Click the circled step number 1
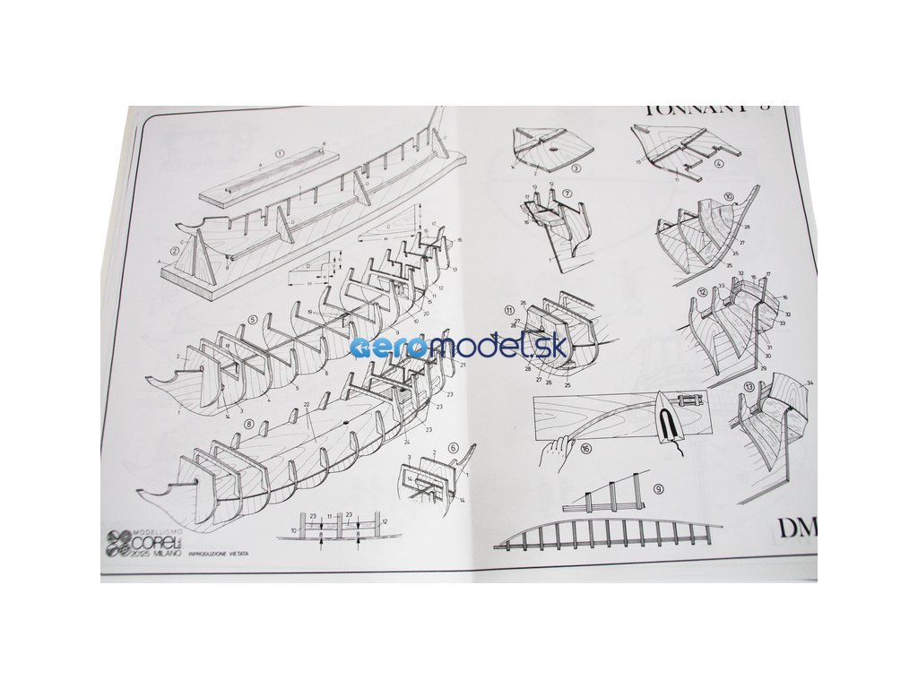pos(281,152)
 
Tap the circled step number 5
pos(253,319)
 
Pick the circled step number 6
pos(454,448)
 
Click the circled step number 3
pos(576,168)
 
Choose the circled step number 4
pos(720,165)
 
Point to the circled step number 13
pos(749,389)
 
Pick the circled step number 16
pos(585,450)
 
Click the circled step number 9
pos(658,489)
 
